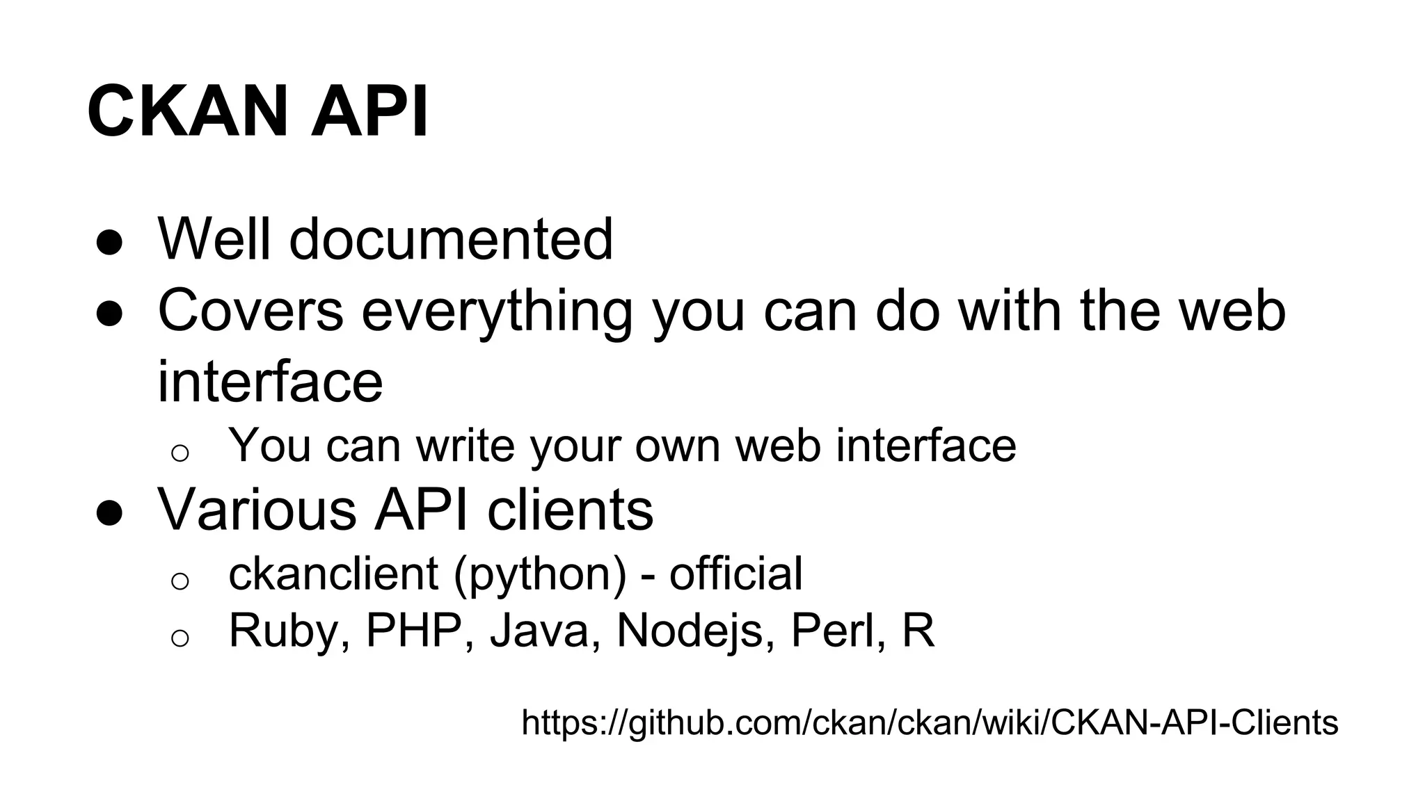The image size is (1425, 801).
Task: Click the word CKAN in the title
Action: point(187,112)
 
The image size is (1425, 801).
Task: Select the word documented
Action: point(451,239)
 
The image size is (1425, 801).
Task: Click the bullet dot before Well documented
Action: point(109,243)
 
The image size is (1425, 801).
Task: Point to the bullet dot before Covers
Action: point(109,314)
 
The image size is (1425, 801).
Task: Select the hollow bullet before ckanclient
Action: point(180,581)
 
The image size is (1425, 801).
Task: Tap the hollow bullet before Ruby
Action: point(180,638)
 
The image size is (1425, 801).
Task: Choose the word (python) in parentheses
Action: point(540,575)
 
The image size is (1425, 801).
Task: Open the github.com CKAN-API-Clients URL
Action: point(930,722)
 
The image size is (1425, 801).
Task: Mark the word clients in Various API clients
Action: point(570,510)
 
